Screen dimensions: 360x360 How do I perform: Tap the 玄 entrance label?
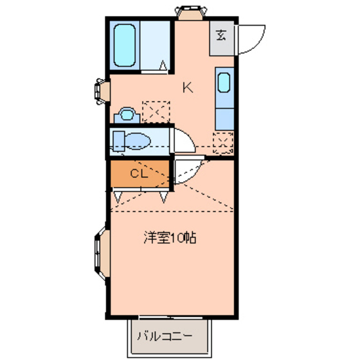pyautogui.click(x=221, y=35)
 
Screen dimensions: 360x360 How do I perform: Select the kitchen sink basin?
pyautogui.click(x=224, y=84)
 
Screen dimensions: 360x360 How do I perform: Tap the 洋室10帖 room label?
pyautogui.click(x=169, y=238)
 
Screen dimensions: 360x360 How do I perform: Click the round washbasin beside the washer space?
pyautogui.click(x=125, y=115)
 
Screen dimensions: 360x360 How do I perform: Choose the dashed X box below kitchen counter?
pyautogui.click(x=222, y=140)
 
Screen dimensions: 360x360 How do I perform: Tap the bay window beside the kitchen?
pyautogui.click(x=102, y=90)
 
